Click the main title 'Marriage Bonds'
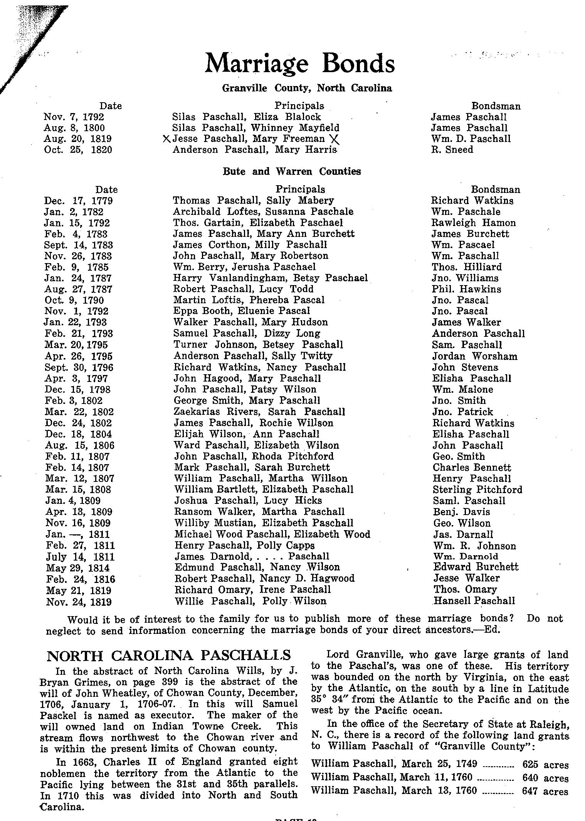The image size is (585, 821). point(300,63)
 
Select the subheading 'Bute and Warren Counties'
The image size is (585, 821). point(292,171)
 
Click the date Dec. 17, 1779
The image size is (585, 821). point(78,201)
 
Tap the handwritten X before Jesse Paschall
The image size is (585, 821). point(167,139)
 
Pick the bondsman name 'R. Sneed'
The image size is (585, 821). point(452,150)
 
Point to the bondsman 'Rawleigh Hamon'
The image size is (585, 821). point(473,223)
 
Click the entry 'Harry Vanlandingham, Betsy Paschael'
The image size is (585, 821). point(271,278)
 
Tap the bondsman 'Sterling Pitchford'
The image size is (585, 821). point(477,490)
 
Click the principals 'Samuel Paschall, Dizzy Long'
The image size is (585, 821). point(247,333)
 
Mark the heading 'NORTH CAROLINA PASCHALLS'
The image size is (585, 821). point(168,655)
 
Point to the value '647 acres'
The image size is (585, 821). point(545,792)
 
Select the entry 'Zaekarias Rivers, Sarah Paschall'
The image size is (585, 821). point(259,412)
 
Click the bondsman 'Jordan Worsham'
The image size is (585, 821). point(474,356)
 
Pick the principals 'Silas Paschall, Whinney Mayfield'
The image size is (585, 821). point(256,128)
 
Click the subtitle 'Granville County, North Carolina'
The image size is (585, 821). point(307,88)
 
